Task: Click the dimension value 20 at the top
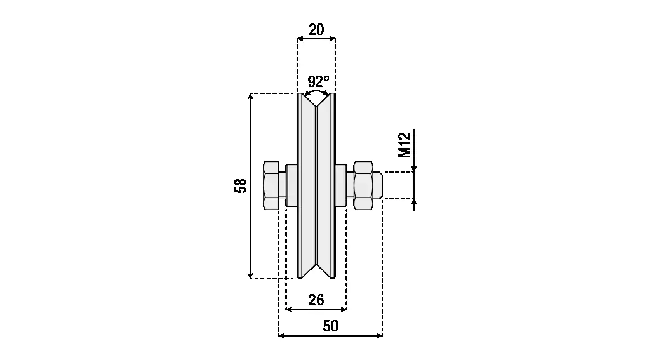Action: (316, 29)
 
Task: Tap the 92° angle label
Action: (318, 81)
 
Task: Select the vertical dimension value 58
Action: (240, 185)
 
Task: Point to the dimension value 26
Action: (316, 300)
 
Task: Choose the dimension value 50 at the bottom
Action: (330, 326)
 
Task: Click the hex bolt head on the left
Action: (272, 185)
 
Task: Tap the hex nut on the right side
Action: (363, 185)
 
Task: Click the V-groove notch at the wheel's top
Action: (317, 100)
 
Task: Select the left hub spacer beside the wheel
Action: (291, 185)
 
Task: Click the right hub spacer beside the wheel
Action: (341, 185)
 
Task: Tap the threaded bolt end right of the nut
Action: (377, 185)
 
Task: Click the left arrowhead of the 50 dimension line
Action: (283, 335)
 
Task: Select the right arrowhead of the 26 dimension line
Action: (344, 309)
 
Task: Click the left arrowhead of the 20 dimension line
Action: (301, 39)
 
